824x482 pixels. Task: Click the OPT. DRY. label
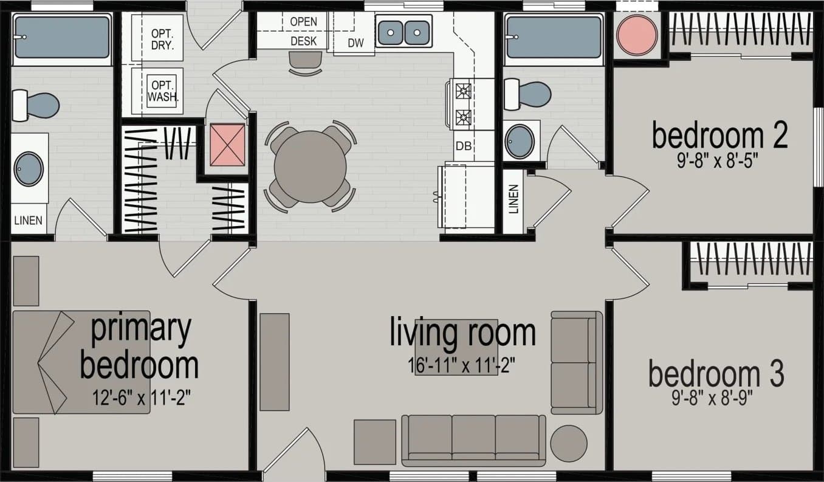point(162,39)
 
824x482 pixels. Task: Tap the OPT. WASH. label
point(162,91)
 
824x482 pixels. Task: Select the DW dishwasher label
point(355,43)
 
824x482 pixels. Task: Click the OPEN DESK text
point(303,31)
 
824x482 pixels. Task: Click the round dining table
point(310,167)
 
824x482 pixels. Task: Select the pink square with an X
point(227,145)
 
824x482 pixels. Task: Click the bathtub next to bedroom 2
point(553,37)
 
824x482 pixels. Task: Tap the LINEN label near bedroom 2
point(513,199)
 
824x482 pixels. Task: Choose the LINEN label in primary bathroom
point(29,221)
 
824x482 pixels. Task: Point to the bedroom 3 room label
point(716,374)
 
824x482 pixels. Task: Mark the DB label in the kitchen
point(464,146)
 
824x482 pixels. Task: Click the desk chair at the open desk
point(305,63)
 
